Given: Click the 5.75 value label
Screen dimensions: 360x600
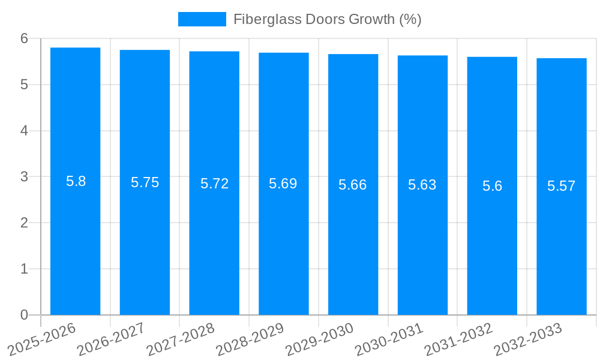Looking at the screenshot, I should [x=145, y=183].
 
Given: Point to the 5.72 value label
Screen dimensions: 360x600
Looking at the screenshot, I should [x=214, y=184].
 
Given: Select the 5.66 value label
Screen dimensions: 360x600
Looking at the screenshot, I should [x=352, y=185].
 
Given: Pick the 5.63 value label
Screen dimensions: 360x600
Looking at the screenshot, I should [x=422, y=185].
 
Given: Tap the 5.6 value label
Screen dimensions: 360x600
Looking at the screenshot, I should [x=492, y=186].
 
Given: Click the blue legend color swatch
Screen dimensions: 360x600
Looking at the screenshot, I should [x=202, y=19].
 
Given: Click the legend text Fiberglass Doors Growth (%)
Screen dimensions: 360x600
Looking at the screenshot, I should [x=327, y=19].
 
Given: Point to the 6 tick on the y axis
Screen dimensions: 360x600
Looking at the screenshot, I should [x=24, y=38].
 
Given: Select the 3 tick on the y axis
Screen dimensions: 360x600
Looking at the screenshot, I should [x=24, y=177].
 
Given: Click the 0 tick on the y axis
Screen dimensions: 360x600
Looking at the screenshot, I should [x=24, y=315].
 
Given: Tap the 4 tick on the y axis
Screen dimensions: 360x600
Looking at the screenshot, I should [x=24, y=131].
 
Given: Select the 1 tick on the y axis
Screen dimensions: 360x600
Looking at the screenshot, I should [x=24, y=269].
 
